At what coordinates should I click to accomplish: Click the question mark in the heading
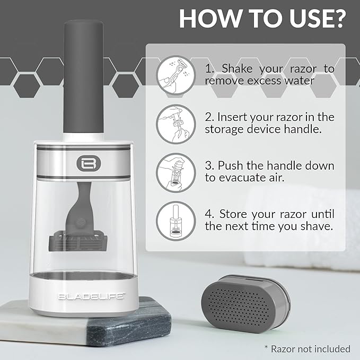[x=337, y=19]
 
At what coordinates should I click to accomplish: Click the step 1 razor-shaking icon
[x=176, y=75]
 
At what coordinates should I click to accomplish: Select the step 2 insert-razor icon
[x=176, y=124]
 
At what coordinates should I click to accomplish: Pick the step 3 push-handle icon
[x=176, y=173]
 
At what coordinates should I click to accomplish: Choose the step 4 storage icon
[x=176, y=221]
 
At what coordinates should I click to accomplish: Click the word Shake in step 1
[x=237, y=68]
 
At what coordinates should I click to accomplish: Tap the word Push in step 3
[x=231, y=166]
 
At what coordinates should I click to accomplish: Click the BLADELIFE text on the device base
[x=91, y=296]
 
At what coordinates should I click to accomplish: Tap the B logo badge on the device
[x=89, y=163]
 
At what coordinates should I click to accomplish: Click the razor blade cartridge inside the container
[x=78, y=242]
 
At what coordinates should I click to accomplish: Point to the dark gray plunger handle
[x=83, y=76]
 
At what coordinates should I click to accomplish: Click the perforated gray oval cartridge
[x=245, y=303]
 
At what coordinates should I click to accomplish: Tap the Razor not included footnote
[x=308, y=349]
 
